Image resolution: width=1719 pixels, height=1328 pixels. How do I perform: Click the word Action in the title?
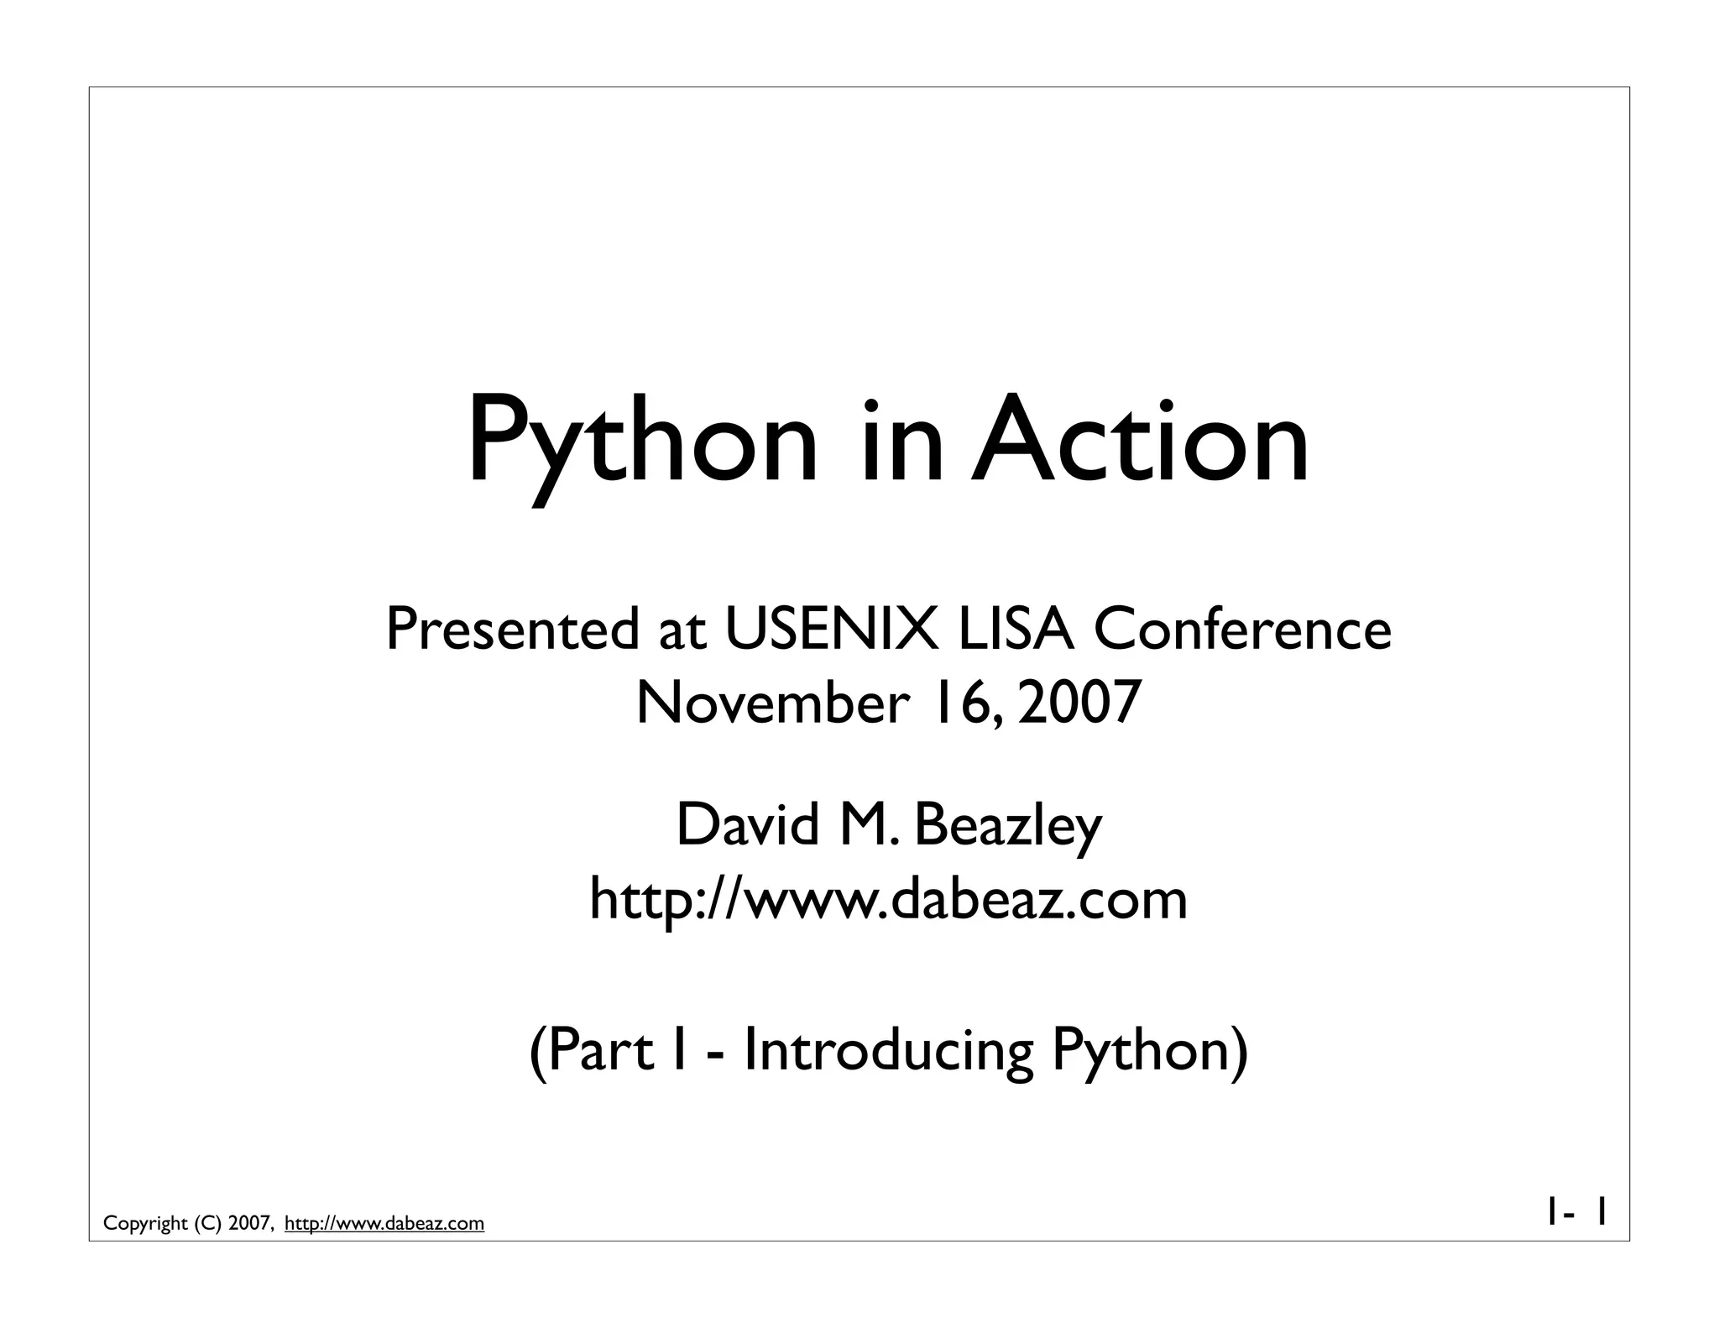[x=1139, y=441]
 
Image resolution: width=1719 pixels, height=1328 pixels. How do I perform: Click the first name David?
[x=747, y=825]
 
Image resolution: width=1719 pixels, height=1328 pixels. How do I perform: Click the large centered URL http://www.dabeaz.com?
[x=888, y=899]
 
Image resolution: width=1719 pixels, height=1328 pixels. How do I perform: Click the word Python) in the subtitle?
[x=1150, y=1052]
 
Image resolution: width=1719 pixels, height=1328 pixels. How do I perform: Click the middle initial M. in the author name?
[x=869, y=825]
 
